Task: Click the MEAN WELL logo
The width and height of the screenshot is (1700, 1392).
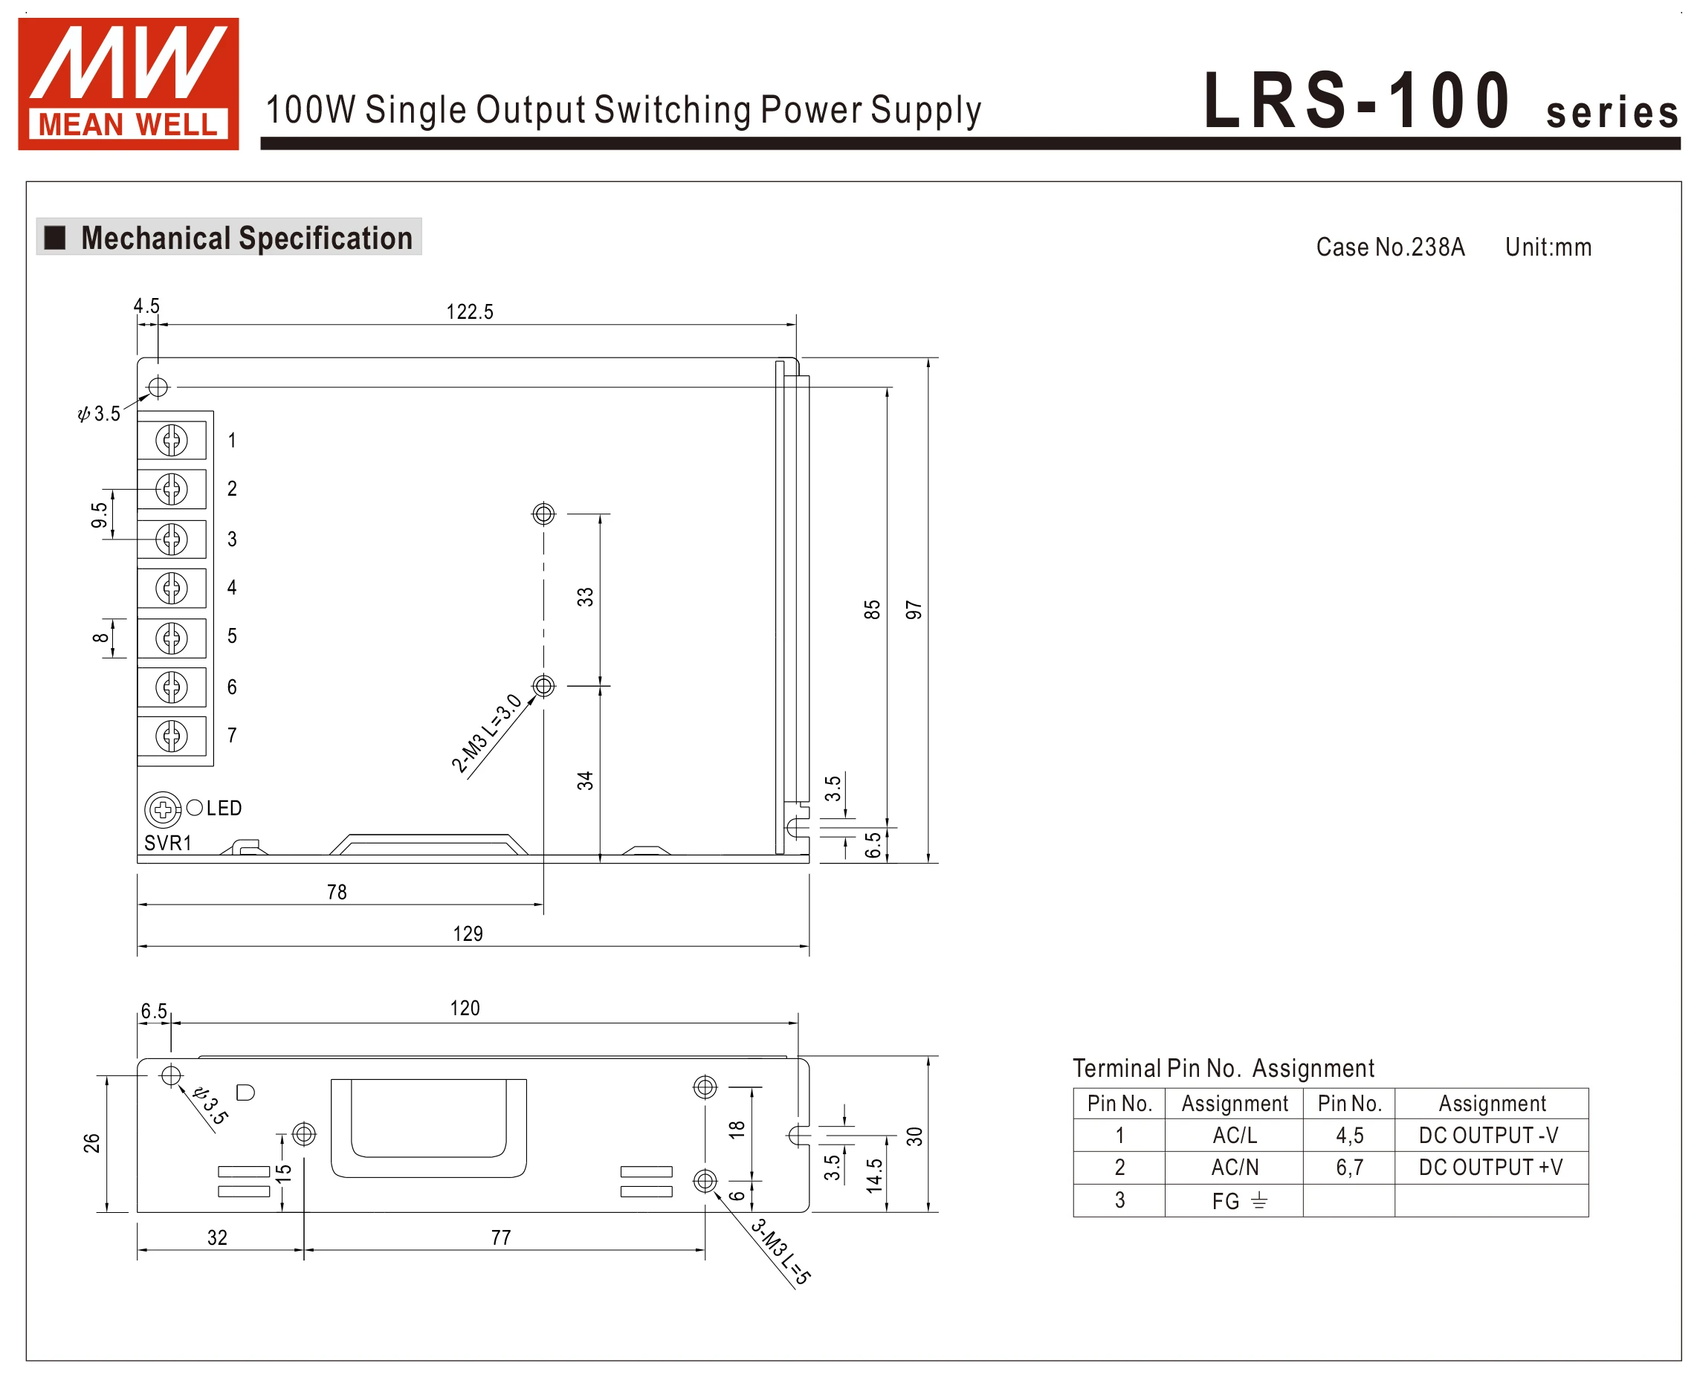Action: pyautogui.click(x=129, y=83)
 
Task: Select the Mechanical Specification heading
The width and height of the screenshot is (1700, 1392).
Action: pyautogui.click(x=246, y=238)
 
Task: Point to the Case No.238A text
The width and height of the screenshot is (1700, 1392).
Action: pyautogui.click(x=1390, y=247)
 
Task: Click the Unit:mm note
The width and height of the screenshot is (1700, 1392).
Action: pyautogui.click(x=1548, y=247)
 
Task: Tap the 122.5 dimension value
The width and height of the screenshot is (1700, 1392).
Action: pyautogui.click(x=470, y=312)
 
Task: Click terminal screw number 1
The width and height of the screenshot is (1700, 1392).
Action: pyautogui.click(x=172, y=440)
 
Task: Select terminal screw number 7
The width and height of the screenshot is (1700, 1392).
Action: pyautogui.click(x=172, y=736)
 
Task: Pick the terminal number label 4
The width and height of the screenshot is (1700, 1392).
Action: pyautogui.click(x=232, y=588)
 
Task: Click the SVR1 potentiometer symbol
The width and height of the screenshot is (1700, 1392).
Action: pyautogui.click(x=162, y=809)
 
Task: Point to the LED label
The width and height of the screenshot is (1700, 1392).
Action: pyautogui.click(x=224, y=809)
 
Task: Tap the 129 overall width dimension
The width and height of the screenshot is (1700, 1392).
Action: pyautogui.click(x=468, y=933)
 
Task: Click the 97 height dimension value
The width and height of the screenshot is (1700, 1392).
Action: pyautogui.click(x=914, y=610)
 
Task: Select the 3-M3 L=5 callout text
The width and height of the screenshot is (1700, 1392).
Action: pyautogui.click(x=780, y=1251)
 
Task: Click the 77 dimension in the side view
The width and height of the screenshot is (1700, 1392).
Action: pyautogui.click(x=501, y=1237)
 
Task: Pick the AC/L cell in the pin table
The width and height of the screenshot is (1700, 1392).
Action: pyautogui.click(x=1234, y=1136)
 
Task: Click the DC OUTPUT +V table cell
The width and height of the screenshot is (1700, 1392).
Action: pyautogui.click(x=1490, y=1168)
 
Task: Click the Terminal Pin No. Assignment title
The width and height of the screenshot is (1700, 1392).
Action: pyautogui.click(x=1223, y=1068)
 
